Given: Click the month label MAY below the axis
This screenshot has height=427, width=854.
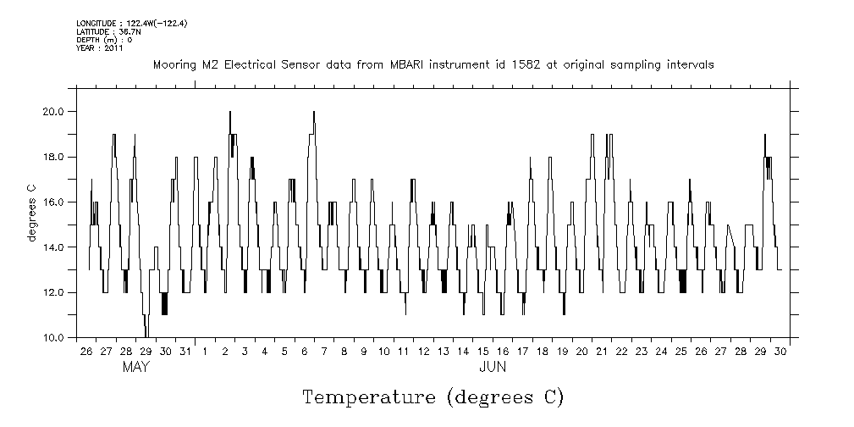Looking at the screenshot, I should pos(135,368).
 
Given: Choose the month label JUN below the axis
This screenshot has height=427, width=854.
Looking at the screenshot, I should pos(493,368).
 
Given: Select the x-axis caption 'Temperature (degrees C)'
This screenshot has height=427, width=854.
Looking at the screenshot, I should pos(433,396).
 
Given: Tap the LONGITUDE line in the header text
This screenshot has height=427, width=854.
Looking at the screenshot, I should pos(131,23).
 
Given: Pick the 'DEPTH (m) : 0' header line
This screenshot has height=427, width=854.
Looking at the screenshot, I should pos(104,40).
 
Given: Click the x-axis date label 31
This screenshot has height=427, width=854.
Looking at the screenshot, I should pos(185,351).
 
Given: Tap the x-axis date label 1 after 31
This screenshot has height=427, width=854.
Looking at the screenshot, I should pos(205,351).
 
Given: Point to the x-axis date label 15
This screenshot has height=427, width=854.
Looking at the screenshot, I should pos(482,351).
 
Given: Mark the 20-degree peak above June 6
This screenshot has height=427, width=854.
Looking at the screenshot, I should pos(314,113).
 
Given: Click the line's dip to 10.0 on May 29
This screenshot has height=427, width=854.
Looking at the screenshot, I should pos(146,335).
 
